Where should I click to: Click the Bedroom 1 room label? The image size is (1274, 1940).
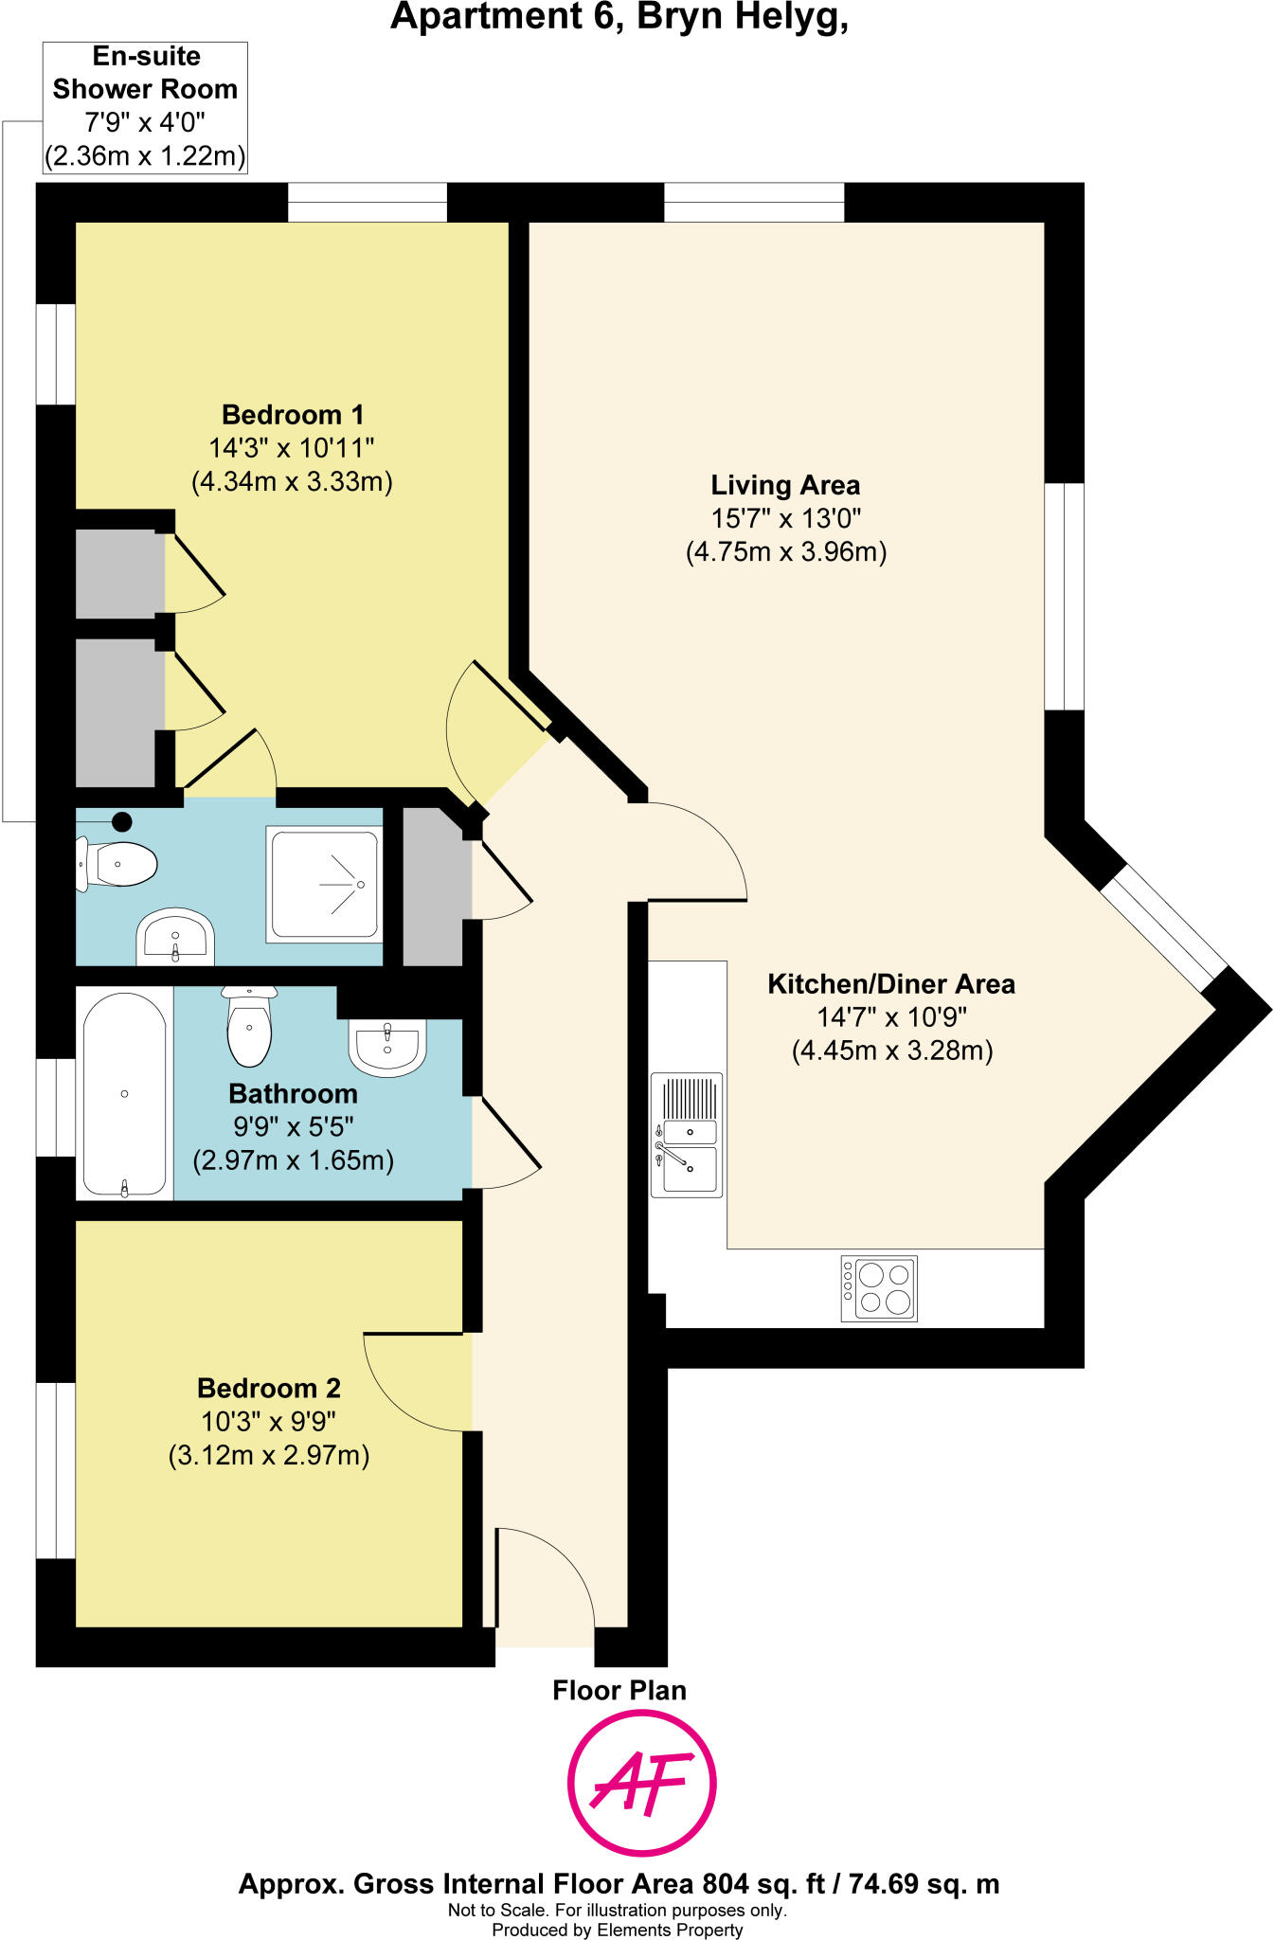tap(292, 415)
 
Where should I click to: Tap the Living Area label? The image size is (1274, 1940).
tap(785, 486)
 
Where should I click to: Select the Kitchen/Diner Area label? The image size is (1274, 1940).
tap(890, 984)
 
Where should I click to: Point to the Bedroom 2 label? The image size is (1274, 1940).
tap(268, 1389)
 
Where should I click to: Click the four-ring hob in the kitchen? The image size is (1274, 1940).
tap(879, 1288)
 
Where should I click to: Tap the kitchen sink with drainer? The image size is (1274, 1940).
tap(687, 1135)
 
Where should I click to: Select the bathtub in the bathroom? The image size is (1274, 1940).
tap(124, 1094)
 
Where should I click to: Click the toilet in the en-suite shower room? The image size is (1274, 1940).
tap(118, 864)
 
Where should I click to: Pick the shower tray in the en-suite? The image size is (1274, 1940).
tap(324, 885)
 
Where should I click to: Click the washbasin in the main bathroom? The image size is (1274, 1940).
tap(387, 1046)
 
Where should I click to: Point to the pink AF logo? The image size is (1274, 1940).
tap(641, 1784)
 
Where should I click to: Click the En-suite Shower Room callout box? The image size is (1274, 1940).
tap(145, 106)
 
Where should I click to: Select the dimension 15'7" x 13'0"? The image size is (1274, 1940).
tap(785, 519)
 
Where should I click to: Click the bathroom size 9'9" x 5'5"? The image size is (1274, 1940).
tap(293, 1127)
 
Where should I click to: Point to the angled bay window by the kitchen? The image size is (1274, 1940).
tap(1164, 927)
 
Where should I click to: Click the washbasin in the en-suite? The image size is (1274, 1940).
tap(175, 935)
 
